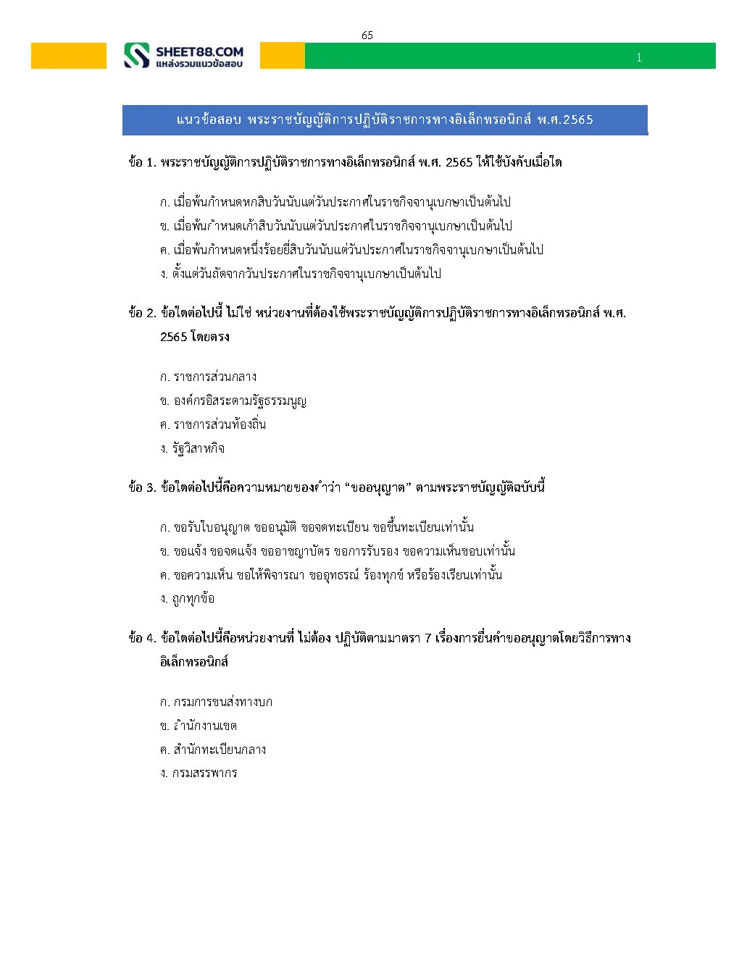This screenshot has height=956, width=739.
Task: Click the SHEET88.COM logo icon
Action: [136, 56]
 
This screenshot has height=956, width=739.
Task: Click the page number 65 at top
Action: [367, 35]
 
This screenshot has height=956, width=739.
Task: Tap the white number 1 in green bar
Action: [639, 58]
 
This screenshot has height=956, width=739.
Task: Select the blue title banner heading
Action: [385, 119]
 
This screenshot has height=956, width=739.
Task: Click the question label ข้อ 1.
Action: [142, 162]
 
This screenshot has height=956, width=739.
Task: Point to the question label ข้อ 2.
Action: [142, 313]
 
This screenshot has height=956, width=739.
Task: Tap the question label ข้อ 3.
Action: [142, 487]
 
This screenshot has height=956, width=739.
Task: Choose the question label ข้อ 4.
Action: [142, 638]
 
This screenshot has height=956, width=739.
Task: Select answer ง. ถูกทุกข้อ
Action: [187, 598]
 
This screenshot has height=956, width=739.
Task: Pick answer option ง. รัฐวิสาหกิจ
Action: [192, 448]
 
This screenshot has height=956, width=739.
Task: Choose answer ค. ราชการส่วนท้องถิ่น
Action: [213, 424]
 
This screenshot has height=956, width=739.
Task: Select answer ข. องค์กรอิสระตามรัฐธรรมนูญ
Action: [233, 401]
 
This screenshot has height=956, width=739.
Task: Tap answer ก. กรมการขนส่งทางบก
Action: [216, 702]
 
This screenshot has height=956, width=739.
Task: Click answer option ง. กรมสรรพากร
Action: [199, 773]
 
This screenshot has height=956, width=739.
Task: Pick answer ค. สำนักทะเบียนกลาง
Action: [213, 750]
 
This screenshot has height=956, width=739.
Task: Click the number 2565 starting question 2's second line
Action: [174, 337]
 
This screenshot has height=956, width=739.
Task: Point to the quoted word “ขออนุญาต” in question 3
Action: [377, 487]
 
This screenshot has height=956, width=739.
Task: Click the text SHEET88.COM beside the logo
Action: [199, 51]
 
